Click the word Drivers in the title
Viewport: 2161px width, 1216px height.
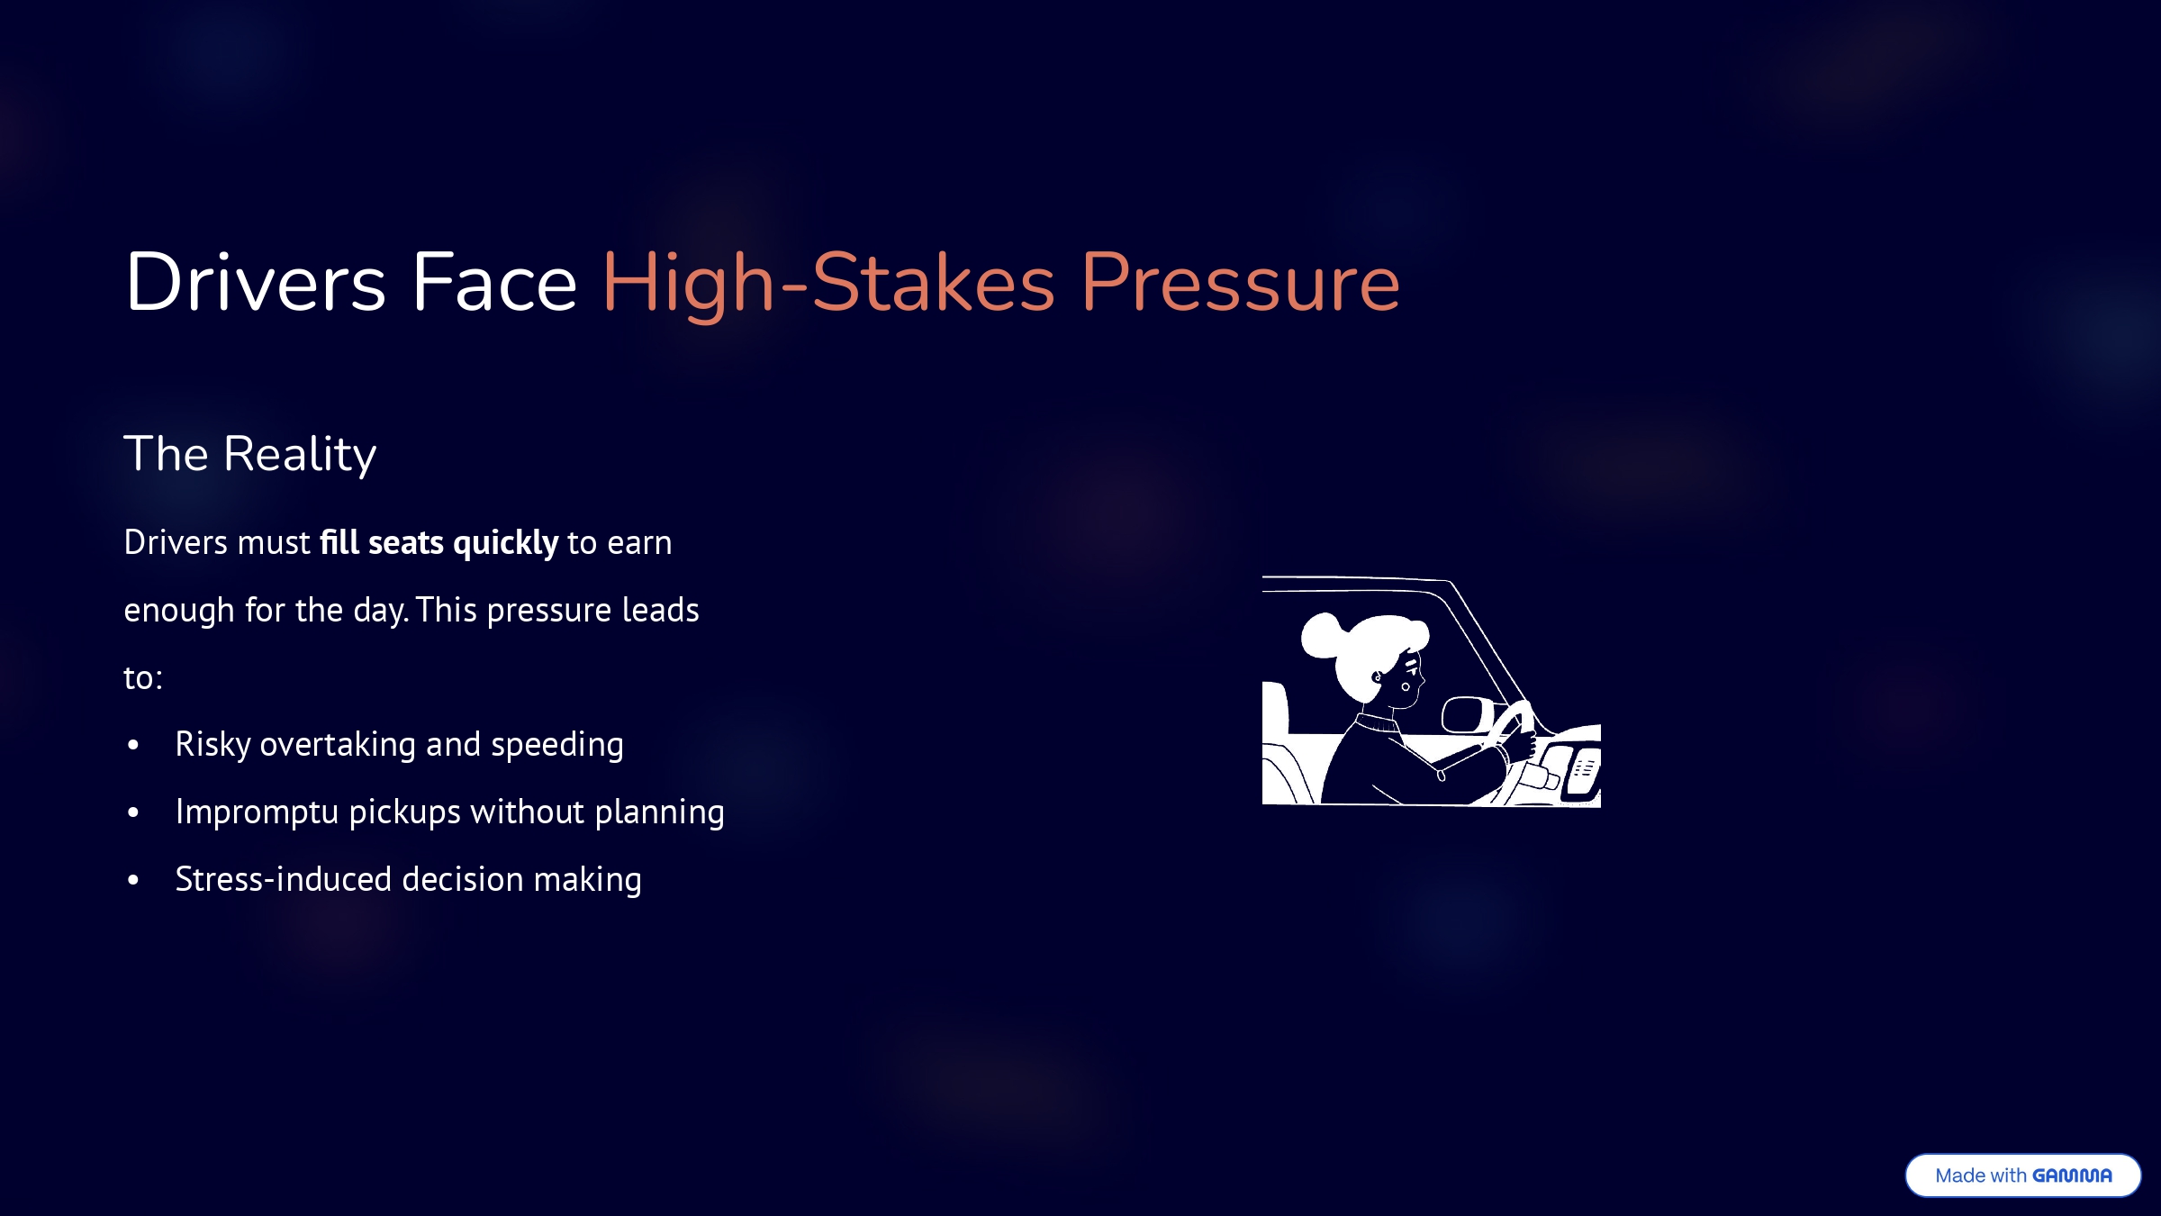point(256,283)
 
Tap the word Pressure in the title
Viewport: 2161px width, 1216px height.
point(1241,283)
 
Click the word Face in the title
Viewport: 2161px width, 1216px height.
point(494,283)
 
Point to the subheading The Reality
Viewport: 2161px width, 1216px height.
point(250,454)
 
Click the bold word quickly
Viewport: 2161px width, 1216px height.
point(506,543)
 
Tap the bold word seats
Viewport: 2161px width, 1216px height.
point(406,543)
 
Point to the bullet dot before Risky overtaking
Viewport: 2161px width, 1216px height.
point(133,745)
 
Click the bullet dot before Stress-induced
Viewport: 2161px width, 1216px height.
point(133,880)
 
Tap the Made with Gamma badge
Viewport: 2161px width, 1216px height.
point(2023,1175)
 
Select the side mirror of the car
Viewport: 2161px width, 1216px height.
point(1468,715)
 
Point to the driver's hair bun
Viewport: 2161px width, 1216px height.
point(1323,636)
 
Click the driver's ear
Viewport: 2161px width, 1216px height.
point(1377,677)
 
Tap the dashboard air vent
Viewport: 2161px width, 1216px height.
point(1583,771)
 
